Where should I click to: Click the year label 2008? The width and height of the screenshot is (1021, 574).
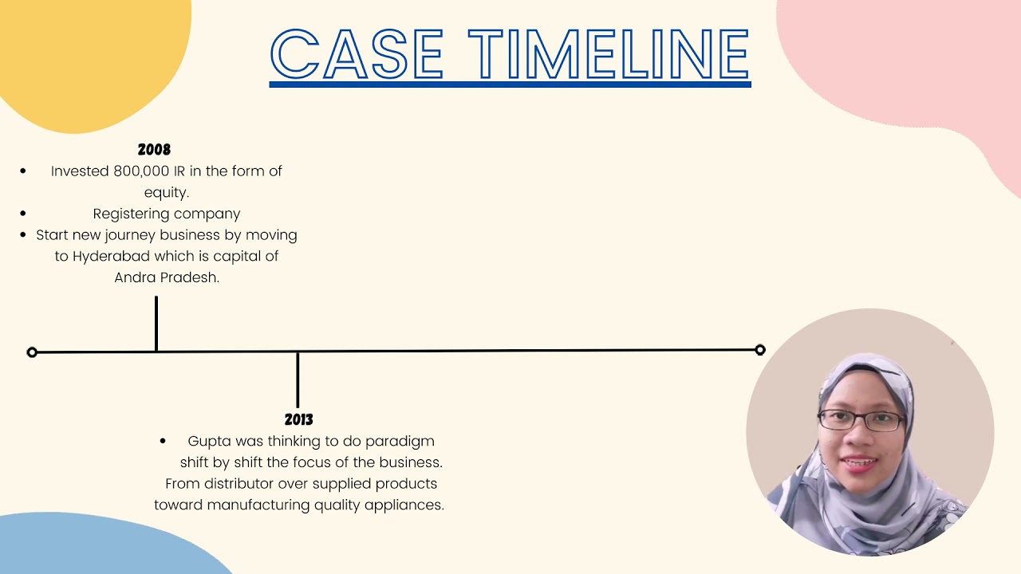[154, 150]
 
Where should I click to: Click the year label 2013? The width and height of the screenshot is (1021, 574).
[298, 419]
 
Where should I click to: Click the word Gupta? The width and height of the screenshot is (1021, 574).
[208, 441]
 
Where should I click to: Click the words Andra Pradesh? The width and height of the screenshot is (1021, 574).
[167, 278]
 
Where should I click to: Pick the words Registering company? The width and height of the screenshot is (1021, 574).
[167, 214]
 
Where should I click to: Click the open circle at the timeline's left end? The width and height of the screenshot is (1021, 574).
[32, 352]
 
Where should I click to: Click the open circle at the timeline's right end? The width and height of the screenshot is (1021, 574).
[760, 349]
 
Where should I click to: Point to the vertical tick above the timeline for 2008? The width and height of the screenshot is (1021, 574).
[156, 323]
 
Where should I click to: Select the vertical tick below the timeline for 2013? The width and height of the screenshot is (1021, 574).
[298, 379]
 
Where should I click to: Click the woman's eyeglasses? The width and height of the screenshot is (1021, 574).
[861, 420]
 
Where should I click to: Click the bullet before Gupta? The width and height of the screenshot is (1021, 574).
[164, 441]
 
